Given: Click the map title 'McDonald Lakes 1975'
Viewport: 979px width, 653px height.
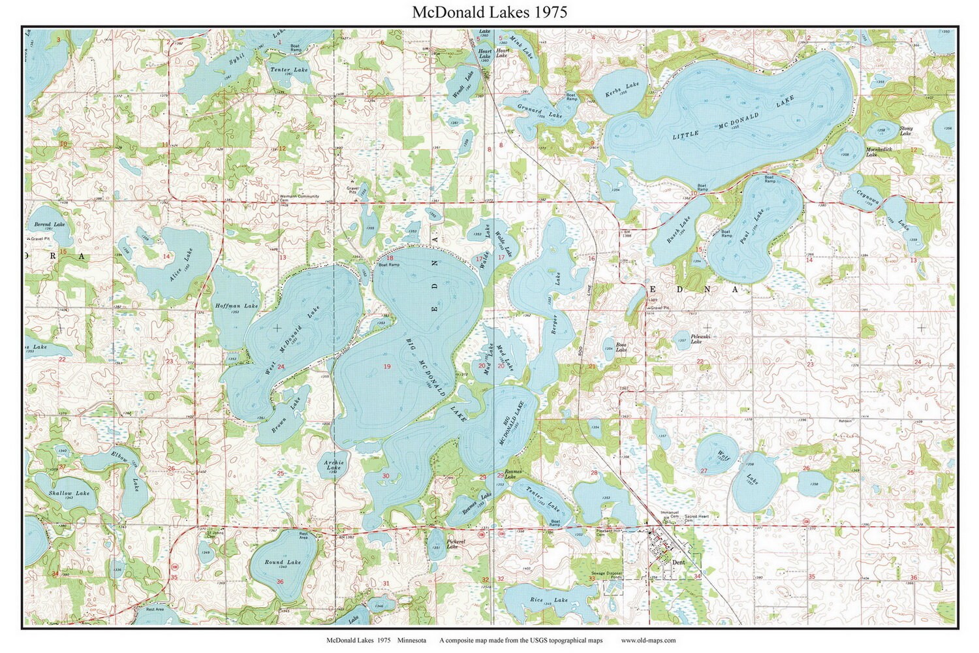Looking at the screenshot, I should coord(489,12).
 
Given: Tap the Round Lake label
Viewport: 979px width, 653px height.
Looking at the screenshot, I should coord(283,562).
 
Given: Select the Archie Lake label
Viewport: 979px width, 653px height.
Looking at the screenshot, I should coord(334,465).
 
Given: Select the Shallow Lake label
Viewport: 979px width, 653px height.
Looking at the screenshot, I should coord(69,493).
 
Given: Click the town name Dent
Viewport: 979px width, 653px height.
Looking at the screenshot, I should coord(678,562).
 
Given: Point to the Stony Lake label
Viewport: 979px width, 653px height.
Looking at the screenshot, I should coord(905,131).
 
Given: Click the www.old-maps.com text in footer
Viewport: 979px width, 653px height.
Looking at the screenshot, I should coord(648,641).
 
